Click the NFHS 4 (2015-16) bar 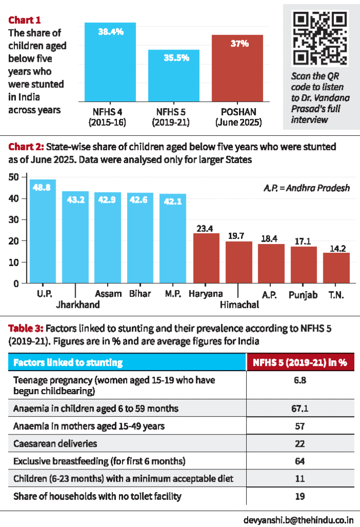(110, 62)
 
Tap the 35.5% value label (174, 58)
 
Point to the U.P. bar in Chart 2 (43, 231)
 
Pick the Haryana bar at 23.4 (206, 258)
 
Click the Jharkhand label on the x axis (78, 304)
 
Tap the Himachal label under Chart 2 (239, 305)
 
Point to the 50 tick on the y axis (14, 177)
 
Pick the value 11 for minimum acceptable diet (300, 479)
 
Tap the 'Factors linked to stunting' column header (68, 362)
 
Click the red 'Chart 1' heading (25, 20)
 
